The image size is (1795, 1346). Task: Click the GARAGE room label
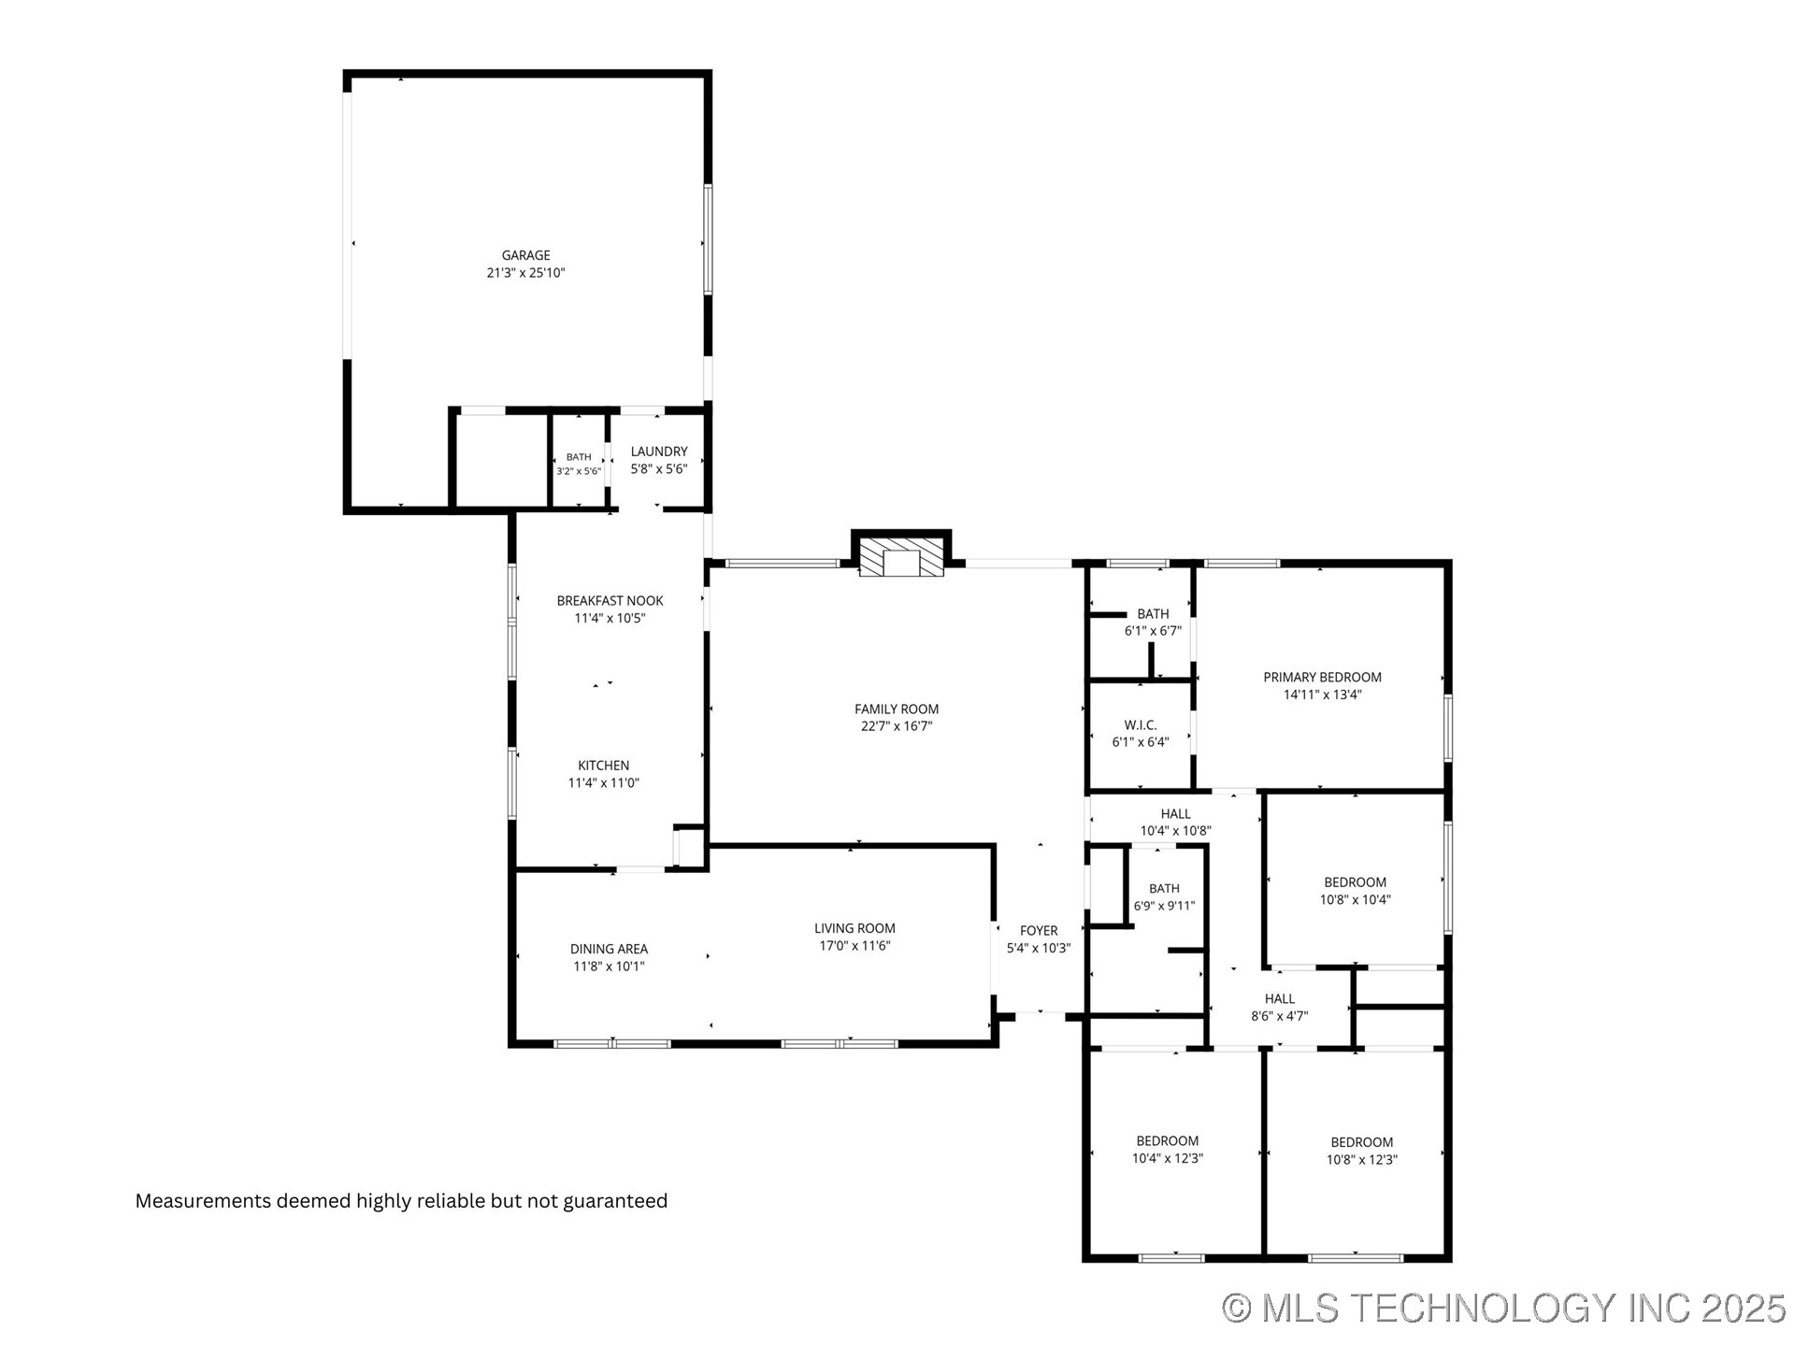click(525, 255)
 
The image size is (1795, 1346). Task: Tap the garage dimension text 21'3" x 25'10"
click(525, 273)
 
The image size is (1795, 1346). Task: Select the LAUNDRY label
click(659, 451)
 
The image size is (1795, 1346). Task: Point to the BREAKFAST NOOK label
click(610, 601)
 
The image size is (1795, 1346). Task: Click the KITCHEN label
click(603, 766)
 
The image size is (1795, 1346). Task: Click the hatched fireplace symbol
click(901, 557)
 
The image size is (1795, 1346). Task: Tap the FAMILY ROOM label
click(897, 709)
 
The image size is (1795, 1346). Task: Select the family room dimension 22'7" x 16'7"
click(897, 726)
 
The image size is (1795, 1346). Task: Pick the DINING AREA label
click(609, 950)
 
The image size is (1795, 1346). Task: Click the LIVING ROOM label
click(854, 928)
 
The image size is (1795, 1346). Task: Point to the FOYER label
click(1039, 931)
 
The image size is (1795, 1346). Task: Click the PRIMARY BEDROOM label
click(1322, 678)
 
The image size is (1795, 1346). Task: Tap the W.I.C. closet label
click(1141, 725)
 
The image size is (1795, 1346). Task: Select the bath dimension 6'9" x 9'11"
click(1164, 906)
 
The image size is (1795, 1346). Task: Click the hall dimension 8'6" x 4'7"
click(1279, 1016)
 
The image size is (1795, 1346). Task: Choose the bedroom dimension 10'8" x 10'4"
click(1355, 900)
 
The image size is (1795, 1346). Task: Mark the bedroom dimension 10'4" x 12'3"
click(1167, 1158)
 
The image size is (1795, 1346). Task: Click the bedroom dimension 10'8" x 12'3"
click(1361, 1160)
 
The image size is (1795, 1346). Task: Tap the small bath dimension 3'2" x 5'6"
click(579, 471)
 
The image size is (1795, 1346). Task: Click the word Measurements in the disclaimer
click(203, 1201)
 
